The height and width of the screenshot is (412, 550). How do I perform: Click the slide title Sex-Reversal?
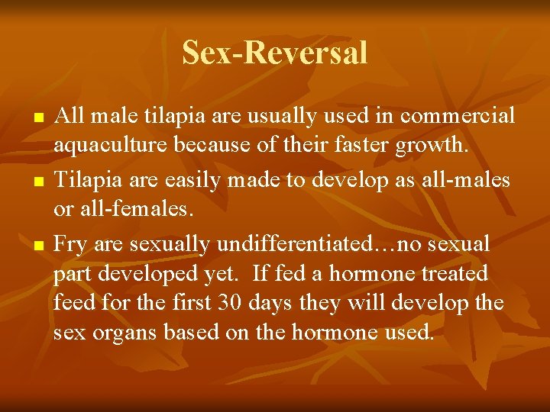(275, 53)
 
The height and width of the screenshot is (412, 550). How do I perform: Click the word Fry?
(70, 244)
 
